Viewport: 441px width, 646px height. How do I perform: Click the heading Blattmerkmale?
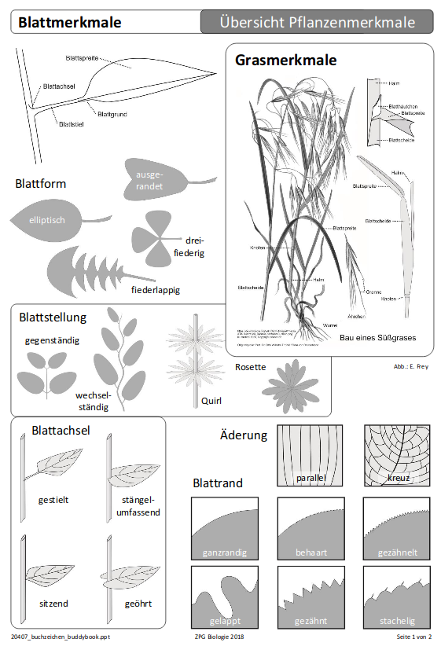[70, 23]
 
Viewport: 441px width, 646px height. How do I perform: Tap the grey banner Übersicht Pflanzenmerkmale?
[317, 22]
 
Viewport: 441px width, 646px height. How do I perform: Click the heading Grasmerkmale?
[285, 60]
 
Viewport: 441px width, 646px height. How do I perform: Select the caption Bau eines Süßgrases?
[377, 338]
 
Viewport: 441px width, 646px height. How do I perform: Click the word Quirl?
[211, 401]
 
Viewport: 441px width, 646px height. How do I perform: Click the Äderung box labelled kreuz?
[397, 455]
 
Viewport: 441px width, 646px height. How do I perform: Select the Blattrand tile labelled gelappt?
[224, 596]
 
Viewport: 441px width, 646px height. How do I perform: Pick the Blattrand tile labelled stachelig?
[397, 596]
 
